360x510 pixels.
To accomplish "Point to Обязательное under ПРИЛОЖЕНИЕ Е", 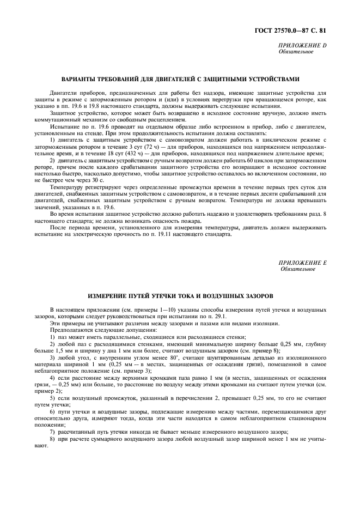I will click(x=297, y=269).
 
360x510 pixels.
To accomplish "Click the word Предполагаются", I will click(x=69, y=330).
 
